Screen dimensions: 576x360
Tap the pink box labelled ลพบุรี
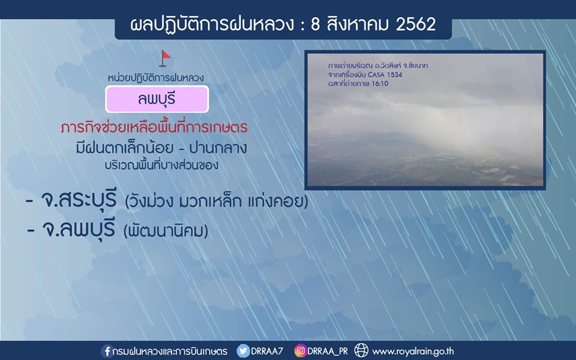pyautogui.click(x=157, y=99)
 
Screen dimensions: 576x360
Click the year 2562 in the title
pyautogui.click(x=416, y=24)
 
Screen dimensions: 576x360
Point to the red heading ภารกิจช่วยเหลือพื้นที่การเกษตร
pyautogui.click(x=154, y=127)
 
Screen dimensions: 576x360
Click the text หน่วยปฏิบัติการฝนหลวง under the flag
pyautogui.click(x=156, y=77)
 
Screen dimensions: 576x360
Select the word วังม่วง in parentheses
pyautogui.click(x=149, y=201)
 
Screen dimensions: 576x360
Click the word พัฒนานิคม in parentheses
pyautogui.click(x=166, y=230)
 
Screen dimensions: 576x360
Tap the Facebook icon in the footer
pyautogui.click(x=107, y=351)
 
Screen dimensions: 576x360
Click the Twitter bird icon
pyautogui.click(x=243, y=351)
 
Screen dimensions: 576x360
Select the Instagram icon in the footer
pyautogui.click(x=300, y=351)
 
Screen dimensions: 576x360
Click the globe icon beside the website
pyautogui.click(x=361, y=350)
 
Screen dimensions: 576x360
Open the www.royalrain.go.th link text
pyautogui.click(x=413, y=352)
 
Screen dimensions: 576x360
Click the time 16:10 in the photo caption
pyautogui.click(x=380, y=83)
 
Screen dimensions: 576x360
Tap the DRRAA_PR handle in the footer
pyautogui.click(x=328, y=351)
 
